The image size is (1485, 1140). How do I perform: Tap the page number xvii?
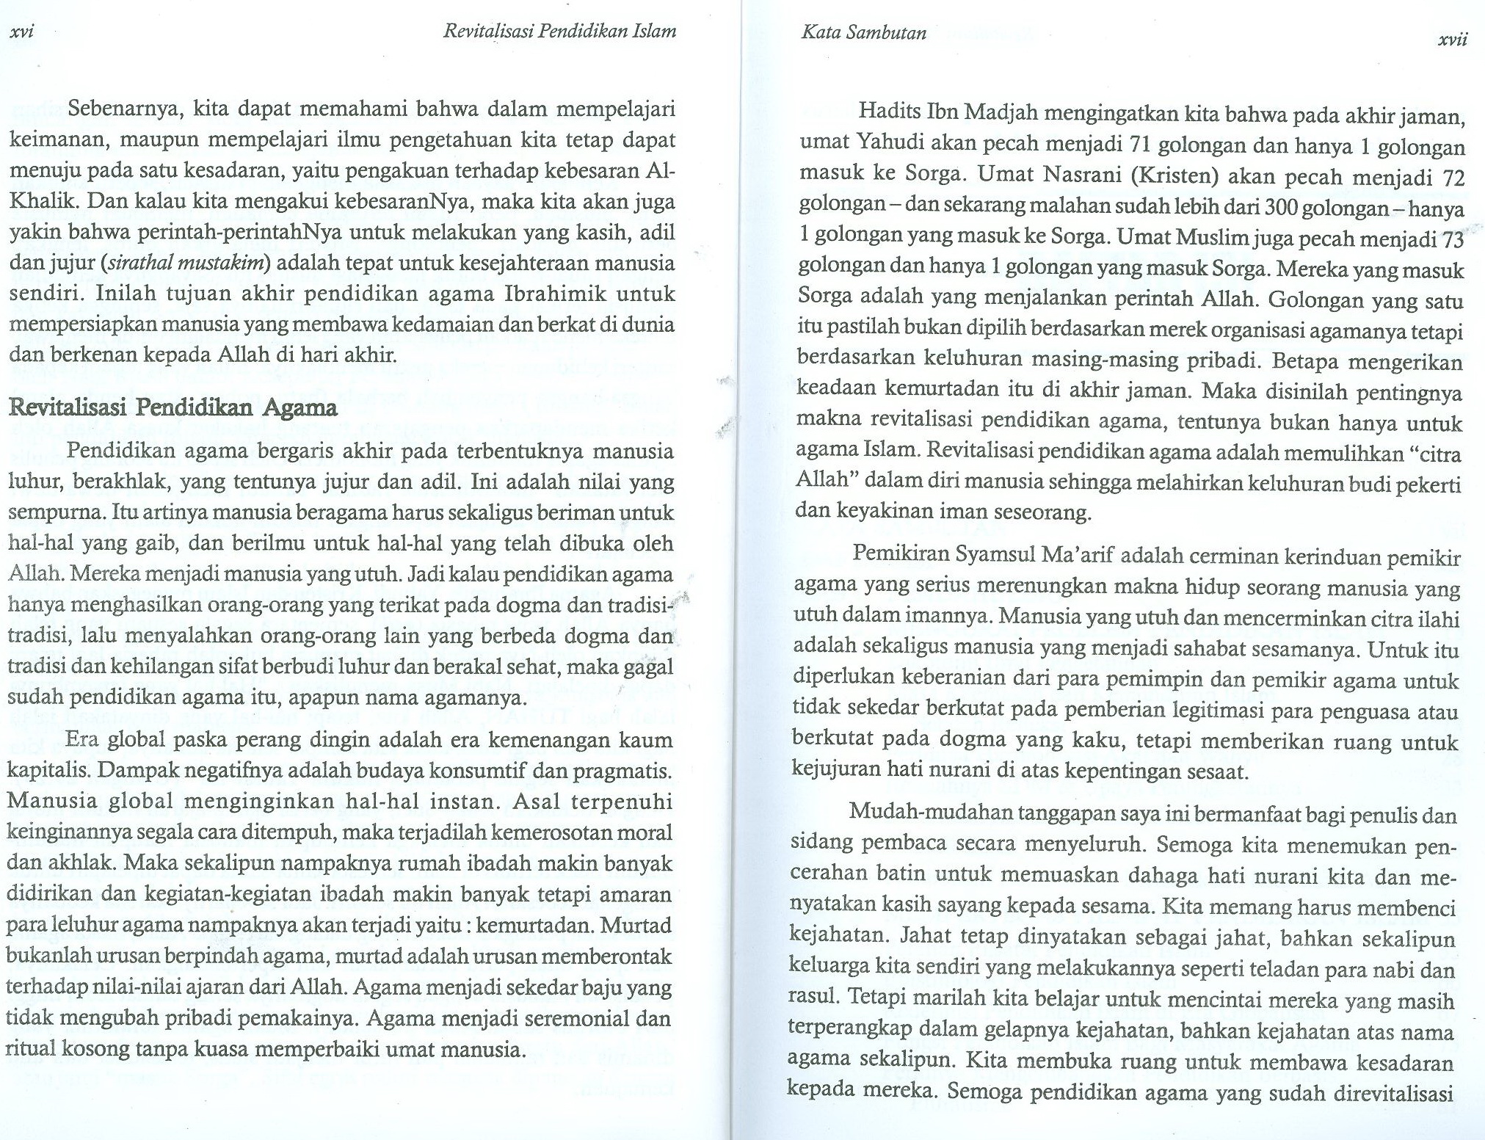[1452, 40]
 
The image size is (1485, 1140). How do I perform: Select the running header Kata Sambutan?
[863, 33]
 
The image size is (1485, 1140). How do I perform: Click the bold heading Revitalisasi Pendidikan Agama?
[173, 408]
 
